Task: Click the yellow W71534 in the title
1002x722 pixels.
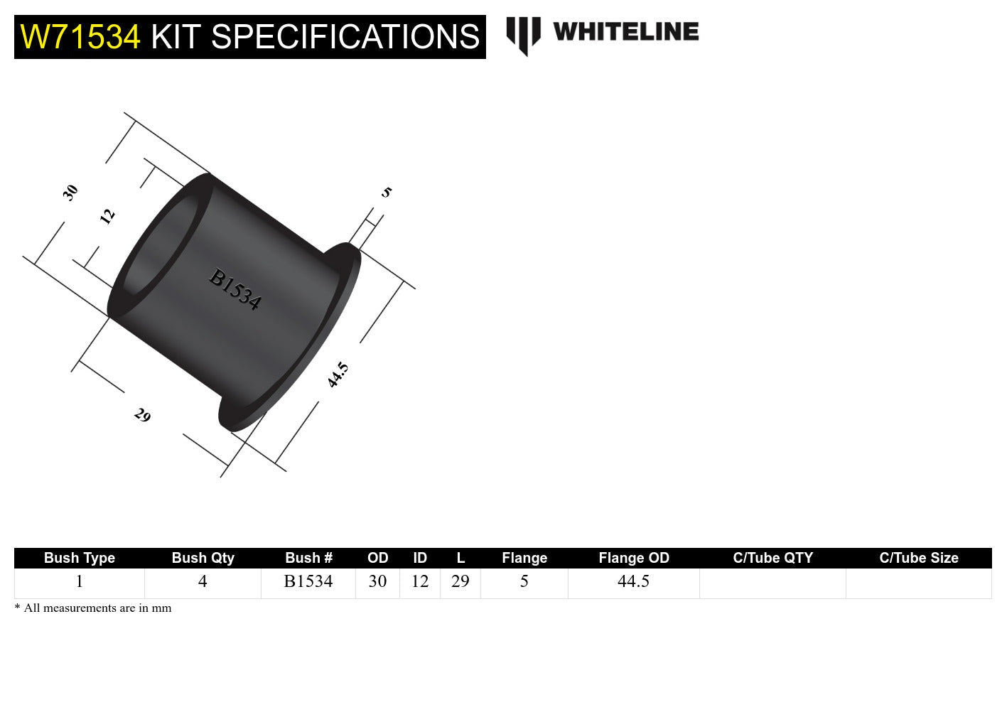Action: click(80, 37)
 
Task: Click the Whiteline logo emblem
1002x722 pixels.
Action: click(524, 35)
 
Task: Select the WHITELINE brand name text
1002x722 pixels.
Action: click(626, 32)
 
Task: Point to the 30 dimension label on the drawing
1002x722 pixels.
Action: click(70, 193)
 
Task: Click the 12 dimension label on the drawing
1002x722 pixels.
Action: click(107, 216)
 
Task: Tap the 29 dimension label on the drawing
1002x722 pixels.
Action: click(142, 415)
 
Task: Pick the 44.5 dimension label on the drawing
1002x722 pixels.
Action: click(338, 375)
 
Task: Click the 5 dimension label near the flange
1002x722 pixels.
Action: click(386, 192)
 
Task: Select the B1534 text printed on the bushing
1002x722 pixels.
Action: click(235, 289)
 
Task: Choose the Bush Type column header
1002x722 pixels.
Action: click(80, 558)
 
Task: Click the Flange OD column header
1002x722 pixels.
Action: click(634, 558)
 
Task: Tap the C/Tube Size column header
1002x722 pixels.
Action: click(918, 558)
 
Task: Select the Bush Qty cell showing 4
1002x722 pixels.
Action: click(203, 582)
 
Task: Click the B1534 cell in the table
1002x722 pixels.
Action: click(308, 582)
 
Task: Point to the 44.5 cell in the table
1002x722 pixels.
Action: click(633, 582)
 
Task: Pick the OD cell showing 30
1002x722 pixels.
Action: click(377, 582)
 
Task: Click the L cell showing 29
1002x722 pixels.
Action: click(460, 582)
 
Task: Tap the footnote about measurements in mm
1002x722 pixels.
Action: click(93, 608)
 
